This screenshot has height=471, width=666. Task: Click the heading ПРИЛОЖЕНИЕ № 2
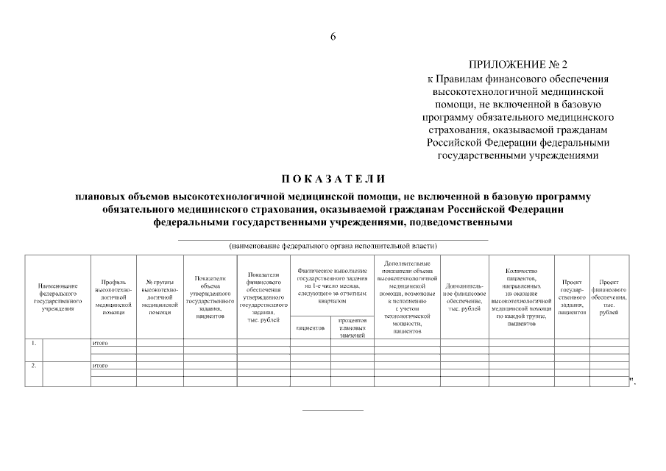(518, 65)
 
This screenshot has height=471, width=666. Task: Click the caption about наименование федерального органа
(333, 245)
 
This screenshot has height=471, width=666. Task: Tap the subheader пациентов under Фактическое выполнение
(311, 327)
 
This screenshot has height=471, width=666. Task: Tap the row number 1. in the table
(33, 343)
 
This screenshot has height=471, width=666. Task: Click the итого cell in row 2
(100, 365)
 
